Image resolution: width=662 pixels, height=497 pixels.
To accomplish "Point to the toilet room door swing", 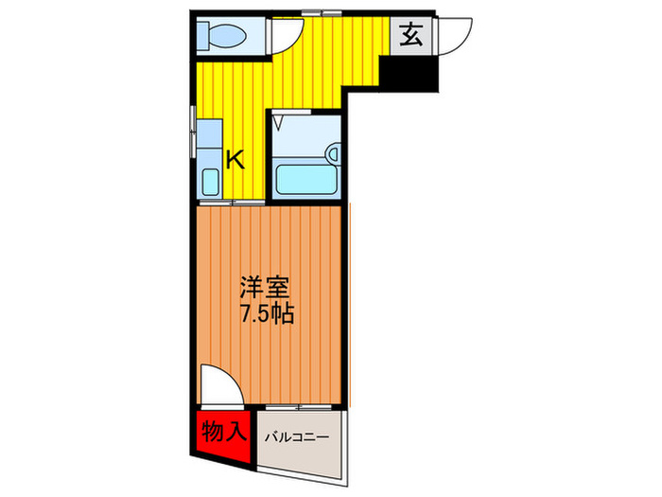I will point(284,36).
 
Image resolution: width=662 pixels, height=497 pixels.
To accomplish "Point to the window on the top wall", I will point(322,12).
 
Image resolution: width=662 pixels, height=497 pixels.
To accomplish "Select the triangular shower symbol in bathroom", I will point(278,121).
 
